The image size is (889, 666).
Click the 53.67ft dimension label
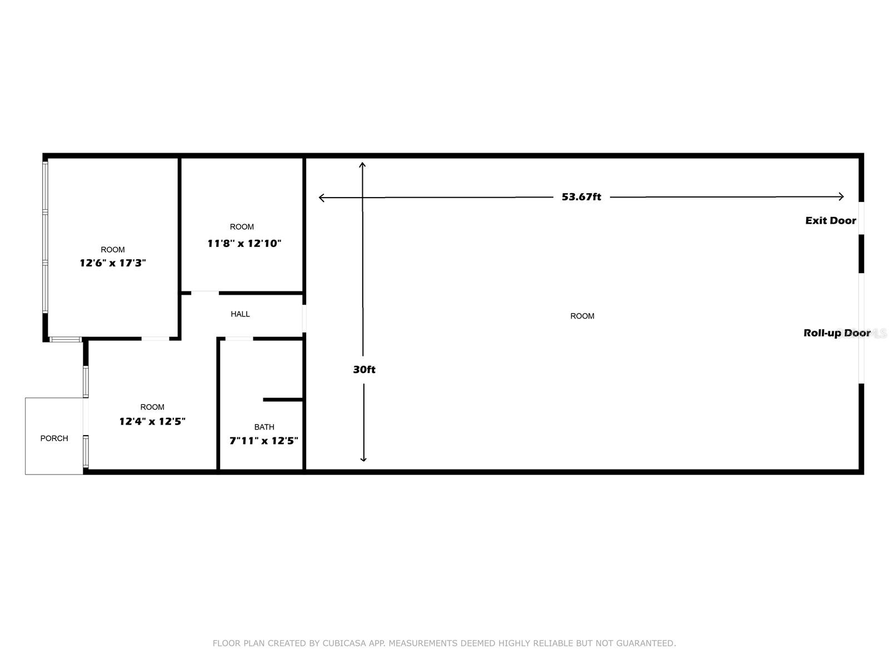click(581, 197)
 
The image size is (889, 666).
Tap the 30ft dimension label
click(364, 370)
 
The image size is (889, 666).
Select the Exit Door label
click(830, 221)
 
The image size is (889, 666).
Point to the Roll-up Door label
click(836, 333)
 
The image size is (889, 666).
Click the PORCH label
click(54, 438)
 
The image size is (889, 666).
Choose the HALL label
click(240, 314)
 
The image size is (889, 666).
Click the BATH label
click(264, 427)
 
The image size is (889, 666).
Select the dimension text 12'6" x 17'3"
click(113, 263)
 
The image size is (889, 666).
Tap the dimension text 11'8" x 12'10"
click(244, 244)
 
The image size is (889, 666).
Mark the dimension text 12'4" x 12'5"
click(152, 421)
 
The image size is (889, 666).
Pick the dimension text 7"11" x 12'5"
click(264, 441)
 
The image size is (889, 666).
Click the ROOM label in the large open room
click(582, 316)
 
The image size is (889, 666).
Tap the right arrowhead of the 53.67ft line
click(842, 196)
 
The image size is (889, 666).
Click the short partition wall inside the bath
click(283, 399)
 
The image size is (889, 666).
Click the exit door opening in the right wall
click(861, 218)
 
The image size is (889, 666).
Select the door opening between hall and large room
click(304, 319)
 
